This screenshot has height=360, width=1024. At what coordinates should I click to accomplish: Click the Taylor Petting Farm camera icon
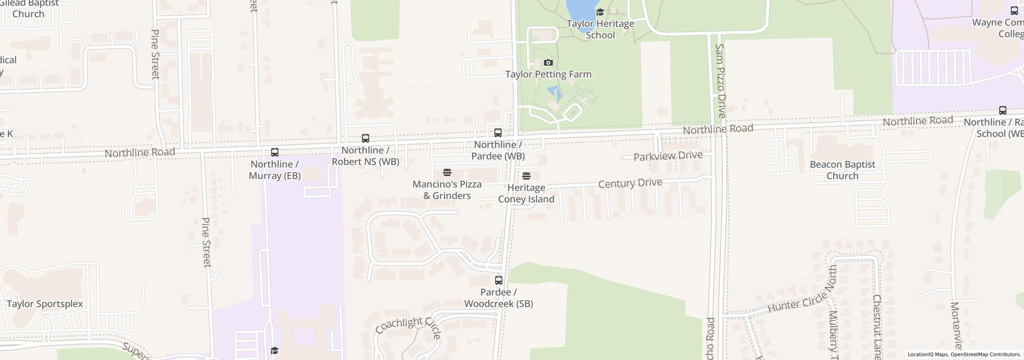tap(548, 63)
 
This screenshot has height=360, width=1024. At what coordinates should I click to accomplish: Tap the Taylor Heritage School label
tap(600, 29)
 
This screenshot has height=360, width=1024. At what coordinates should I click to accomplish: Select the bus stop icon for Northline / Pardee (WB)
tap(498, 132)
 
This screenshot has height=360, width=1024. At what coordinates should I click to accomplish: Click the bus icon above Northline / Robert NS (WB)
tap(365, 138)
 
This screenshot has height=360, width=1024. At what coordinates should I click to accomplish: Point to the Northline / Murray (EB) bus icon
tap(274, 152)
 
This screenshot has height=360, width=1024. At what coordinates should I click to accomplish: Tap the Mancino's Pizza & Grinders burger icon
tap(447, 172)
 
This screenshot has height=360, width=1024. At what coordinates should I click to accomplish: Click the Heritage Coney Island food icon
tap(526, 176)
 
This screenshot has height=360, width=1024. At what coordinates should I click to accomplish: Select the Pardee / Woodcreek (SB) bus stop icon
tap(498, 280)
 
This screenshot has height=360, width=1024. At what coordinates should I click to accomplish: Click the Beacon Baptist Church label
tap(842, 170)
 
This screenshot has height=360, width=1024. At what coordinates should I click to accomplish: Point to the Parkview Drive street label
tap(668, 156)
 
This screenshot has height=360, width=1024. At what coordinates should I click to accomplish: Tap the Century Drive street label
tap(630, 183)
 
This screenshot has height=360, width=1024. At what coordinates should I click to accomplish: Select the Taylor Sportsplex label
tap(45, 304)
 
